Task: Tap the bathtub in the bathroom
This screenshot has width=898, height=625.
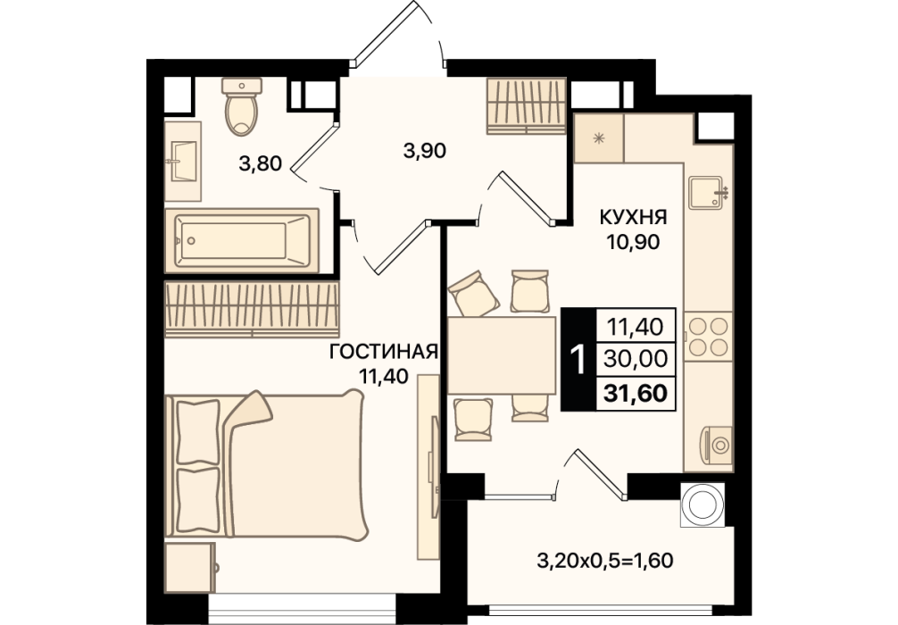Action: click(x=242, y=240)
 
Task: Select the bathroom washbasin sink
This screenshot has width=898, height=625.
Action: click(x=184, y=161)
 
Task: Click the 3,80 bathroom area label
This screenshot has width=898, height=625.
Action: click(x=260, y=164)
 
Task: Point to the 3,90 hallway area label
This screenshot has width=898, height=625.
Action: click(x=424, y=151)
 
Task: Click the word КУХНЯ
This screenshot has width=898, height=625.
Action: click(x=634, y=218)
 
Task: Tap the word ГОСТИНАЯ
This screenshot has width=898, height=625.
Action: click(x=384, y=351)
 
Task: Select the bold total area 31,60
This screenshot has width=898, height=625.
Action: click(x=636, y=394)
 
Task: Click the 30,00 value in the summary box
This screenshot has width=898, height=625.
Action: click(x=636, y=359)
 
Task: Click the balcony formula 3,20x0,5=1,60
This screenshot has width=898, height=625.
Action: click(x=605, y=560)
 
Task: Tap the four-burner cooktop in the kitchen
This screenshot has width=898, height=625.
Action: click(x=709, y=337)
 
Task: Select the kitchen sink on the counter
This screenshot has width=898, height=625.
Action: click(x=707, y=193)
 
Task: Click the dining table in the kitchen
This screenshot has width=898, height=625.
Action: click(x=501, y=355)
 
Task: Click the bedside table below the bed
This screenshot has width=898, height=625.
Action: click(x=190, y=567)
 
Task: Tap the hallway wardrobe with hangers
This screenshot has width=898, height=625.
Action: click(x=527, y=106)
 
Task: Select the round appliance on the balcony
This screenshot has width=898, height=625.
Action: click(x=703, y=504)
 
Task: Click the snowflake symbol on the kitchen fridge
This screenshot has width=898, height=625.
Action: click(x=599, y=138)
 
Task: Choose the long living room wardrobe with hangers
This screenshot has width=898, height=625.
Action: click(x=252, y=309)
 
